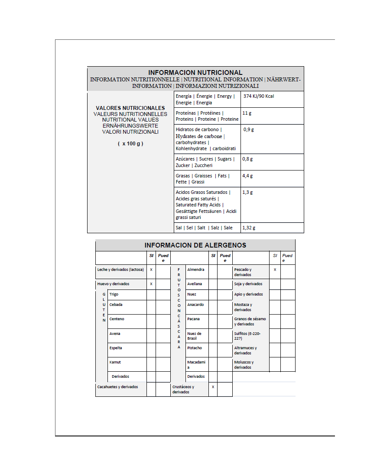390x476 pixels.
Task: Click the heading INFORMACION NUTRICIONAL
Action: pos(195,73)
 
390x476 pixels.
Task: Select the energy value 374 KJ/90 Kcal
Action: pos(259,96)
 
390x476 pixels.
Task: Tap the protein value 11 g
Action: pos(247,113)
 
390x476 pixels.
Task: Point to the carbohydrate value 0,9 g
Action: pos(249,129)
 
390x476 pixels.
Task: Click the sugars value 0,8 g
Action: pos(247,159)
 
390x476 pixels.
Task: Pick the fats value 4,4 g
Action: pos(247,176)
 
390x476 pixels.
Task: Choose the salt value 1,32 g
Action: pos(249,228)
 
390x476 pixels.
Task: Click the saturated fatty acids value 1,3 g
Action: pos(247,192)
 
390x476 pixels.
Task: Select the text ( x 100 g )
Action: pos(130,144)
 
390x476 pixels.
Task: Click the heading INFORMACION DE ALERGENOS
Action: pos(195,245)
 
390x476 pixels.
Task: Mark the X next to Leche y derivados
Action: pos(151,270)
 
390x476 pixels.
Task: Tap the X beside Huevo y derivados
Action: pos(151,284)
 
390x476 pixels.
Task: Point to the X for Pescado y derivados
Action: pos(275,270)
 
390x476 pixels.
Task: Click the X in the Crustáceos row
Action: pos(213,387)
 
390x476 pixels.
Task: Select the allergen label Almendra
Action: pos(195,270)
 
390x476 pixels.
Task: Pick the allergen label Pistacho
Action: pos(195,348)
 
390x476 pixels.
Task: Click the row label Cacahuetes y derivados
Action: pos(117,387)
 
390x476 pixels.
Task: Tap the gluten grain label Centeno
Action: pos(117,319)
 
